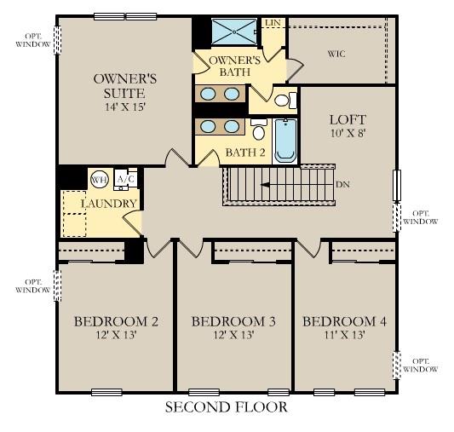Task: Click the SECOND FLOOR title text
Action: (x=226, y=407)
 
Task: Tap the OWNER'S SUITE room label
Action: (x=118, y=86)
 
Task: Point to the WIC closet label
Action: (x=337, y=53)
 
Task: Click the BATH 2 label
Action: (x=245, y=153)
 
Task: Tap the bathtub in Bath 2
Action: (x=284, y=140)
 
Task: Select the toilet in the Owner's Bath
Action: (x=284, y=101)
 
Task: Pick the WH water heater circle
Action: (x=100, y=179)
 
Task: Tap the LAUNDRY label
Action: (x=109, y=204)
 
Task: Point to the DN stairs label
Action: (x=342, y=184)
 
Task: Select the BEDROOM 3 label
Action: (x=233, y=321)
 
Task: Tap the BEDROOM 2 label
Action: (x=116, y=321)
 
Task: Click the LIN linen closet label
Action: (x=273, y=23)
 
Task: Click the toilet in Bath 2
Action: (x=258, y=132)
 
